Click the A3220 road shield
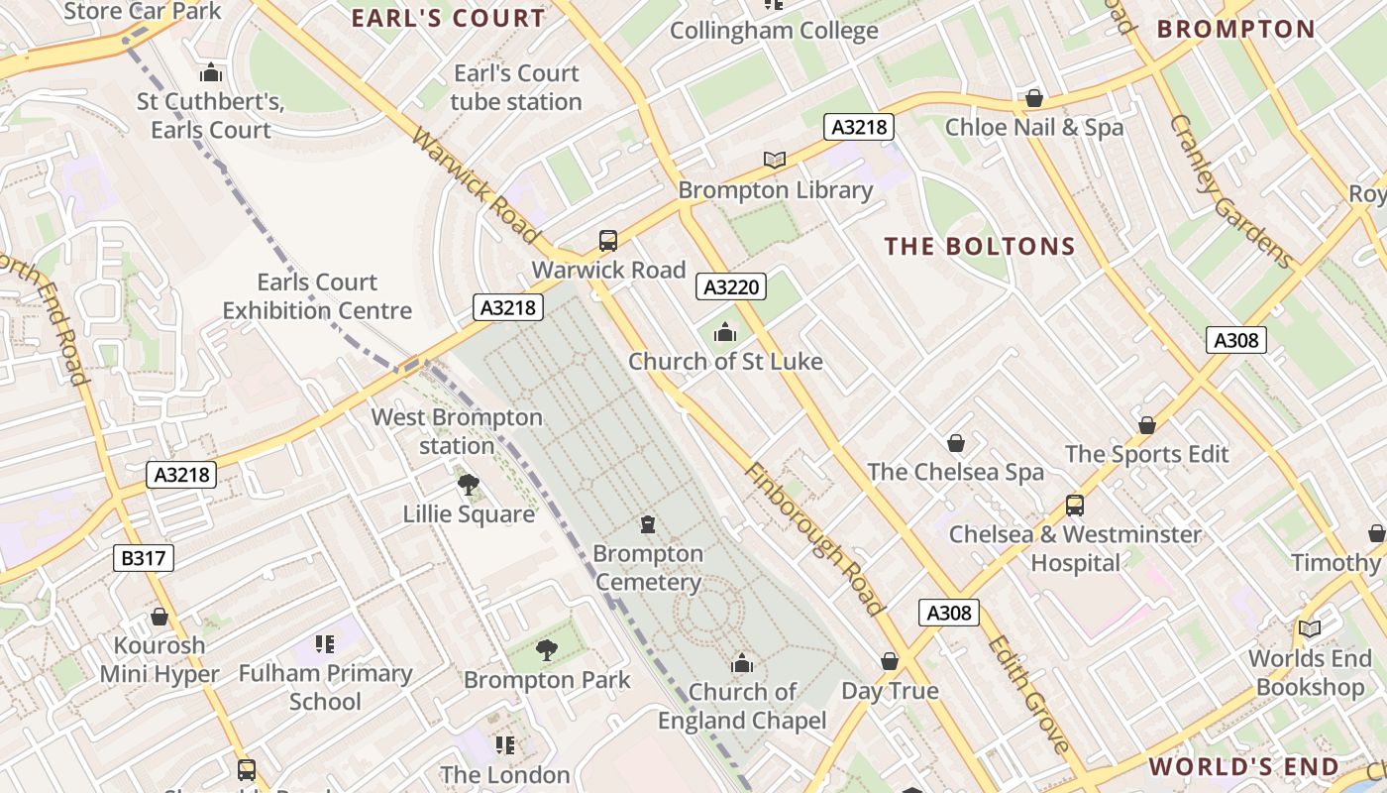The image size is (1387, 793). coord(732,287)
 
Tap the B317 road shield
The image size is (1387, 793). coord(144,558)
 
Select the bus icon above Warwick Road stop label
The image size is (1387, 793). coord(608,241)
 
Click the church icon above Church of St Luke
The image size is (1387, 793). coord(725,332)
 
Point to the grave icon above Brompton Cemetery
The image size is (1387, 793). coord(648,523)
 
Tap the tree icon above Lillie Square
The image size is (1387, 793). coord(469,485)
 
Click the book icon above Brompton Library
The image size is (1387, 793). coord(775,160)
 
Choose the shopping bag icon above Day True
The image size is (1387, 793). coord(890,661)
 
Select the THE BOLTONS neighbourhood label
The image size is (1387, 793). coord(980,247)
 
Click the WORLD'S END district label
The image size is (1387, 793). coord(1244,766)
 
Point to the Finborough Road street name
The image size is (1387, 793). coord(813,538)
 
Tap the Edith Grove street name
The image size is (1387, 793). coord(1028,693)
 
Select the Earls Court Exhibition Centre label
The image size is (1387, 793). coord(317,296)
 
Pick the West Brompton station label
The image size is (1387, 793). coord(457,431)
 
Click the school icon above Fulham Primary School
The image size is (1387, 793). coord(325,644)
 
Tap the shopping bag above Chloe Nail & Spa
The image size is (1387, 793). coord(1034,98)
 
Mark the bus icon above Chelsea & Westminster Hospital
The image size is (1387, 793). coord(1075,506)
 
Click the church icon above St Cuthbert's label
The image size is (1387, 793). coord(210,72)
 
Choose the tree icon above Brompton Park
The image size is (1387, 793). coord(546,650)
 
